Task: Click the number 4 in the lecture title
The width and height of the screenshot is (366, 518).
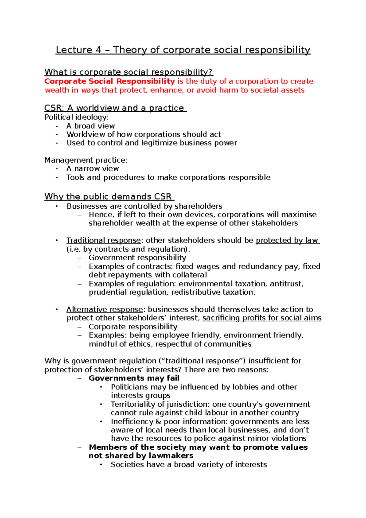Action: pos(98,50)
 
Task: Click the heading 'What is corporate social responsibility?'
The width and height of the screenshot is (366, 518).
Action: pos(128,72)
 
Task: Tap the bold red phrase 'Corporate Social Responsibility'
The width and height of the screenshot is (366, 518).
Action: pos(109,81)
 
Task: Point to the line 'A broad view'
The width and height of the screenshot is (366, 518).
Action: pos(91,126)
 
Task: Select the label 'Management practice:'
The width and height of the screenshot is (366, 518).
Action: pos(86,160)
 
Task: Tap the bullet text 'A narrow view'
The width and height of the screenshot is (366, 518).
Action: pos(92,169)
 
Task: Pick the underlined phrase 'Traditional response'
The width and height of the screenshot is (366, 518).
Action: pos(104,240)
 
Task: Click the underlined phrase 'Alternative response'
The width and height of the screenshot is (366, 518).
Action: pos(105,309)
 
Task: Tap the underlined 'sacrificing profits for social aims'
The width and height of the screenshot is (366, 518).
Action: pos(262,318)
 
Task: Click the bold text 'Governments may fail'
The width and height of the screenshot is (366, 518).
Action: pos(134,378)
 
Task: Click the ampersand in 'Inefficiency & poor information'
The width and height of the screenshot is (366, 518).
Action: pos(158,422)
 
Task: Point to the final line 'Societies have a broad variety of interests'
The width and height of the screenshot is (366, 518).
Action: pos(188,465)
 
